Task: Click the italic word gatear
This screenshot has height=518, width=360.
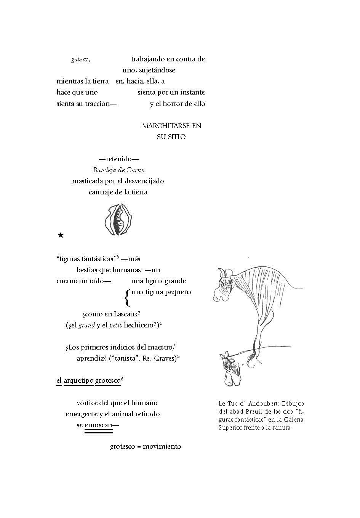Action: coord(80,59)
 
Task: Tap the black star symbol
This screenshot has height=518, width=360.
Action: coord(61,235)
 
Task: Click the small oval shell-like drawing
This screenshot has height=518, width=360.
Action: coord(118,220)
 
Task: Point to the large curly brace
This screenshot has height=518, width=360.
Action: coord(127,298)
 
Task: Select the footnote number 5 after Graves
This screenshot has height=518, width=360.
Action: coord(178,357)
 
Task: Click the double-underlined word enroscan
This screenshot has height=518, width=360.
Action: coord(98,425)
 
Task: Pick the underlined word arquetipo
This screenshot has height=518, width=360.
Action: coord(78,380)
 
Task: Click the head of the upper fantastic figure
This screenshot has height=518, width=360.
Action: coord(222,284)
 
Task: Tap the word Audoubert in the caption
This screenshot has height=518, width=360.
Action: coord(266,404)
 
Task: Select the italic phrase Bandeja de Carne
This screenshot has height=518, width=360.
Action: coord(118,170)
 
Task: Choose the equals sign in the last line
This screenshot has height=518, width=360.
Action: coord(139,447)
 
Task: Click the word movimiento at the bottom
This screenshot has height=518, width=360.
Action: coord(162,446)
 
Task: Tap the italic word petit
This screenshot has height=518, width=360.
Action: coord(115,325)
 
